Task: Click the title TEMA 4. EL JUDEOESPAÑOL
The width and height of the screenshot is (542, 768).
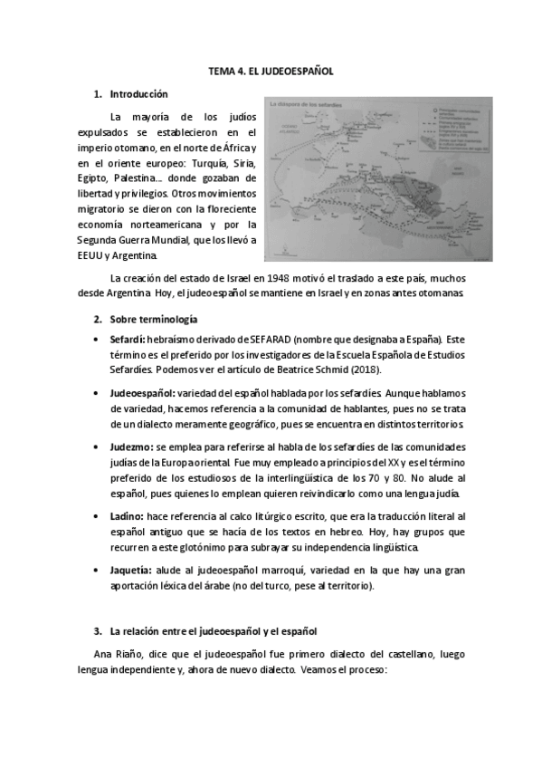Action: tap(271, 70)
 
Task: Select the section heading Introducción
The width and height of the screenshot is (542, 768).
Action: tap(138, 93)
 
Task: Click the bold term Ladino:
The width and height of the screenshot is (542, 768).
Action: tap(128, 515)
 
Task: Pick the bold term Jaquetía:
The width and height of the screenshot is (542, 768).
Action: tap(133, 571)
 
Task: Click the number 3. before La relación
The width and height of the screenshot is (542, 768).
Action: tap(98, 630)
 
